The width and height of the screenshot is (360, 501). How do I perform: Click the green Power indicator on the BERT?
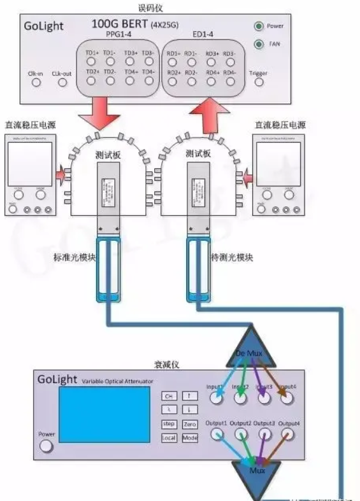pos(259,27)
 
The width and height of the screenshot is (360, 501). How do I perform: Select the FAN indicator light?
pos(259,45)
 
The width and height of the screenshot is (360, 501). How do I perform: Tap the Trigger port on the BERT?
pos(258,83)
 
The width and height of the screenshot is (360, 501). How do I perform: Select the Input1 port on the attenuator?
pos(217,398)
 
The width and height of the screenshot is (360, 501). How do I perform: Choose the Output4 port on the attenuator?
pos(288,434)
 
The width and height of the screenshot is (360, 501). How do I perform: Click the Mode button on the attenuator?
pos(190,438)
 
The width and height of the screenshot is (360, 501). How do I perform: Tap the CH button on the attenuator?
pos(169,396)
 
